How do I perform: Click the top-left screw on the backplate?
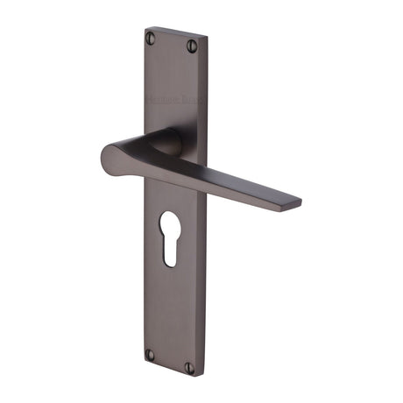click(x=151, y=38)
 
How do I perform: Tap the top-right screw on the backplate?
click(x=193, y=46)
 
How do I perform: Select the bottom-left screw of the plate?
click(x=149, y=354)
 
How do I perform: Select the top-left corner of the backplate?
click(x=145, y=28)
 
